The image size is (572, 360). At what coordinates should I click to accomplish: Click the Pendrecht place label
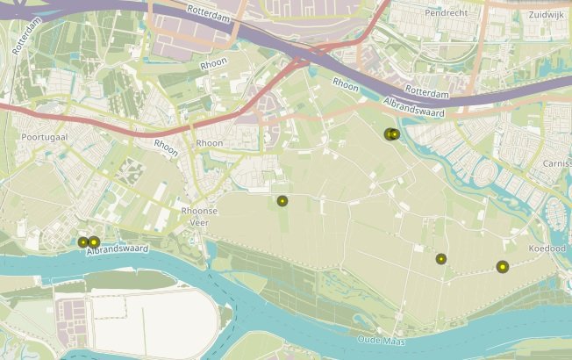446,13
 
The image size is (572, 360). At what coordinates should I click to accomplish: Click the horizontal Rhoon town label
210,143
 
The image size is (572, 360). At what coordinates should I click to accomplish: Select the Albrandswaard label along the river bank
118,250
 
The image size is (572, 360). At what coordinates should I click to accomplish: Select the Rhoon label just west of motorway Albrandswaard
346,84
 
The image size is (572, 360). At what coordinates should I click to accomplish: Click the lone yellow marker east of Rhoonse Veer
282,201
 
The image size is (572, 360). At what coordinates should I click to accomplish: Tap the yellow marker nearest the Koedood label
503,267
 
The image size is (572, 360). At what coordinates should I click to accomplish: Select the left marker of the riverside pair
83,242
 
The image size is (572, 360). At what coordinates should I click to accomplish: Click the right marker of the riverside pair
94,242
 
